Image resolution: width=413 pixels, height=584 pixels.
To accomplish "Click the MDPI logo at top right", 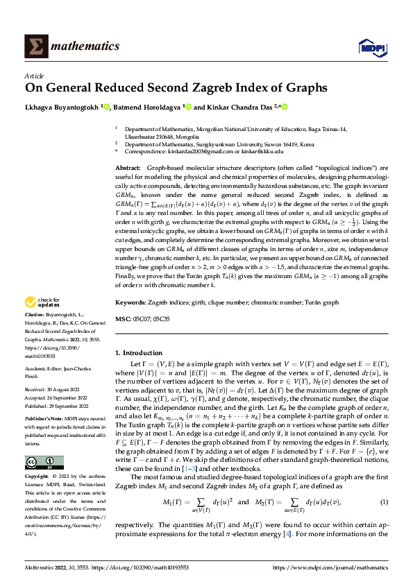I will [x=368, y=46].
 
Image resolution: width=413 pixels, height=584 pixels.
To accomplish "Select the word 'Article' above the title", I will [x=35, y=75].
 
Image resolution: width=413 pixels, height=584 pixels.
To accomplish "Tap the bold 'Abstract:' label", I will [x=127, y=169].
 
